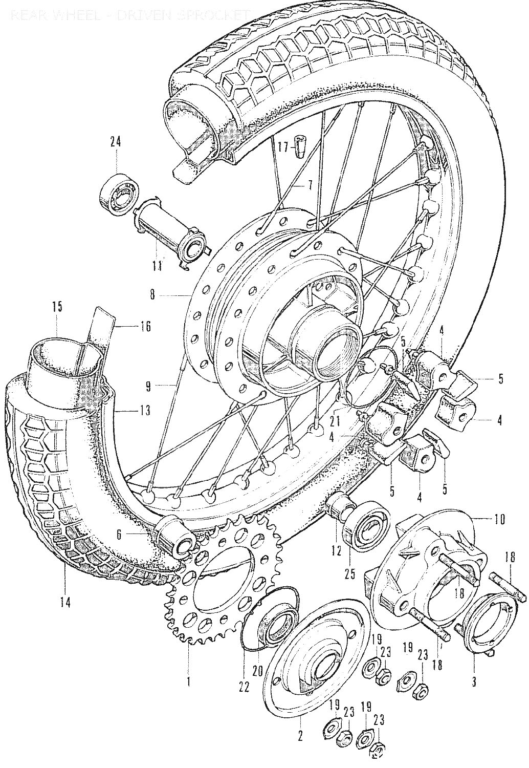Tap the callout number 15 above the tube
57,307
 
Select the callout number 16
145,326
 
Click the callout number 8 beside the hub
152,295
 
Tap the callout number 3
474,681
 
